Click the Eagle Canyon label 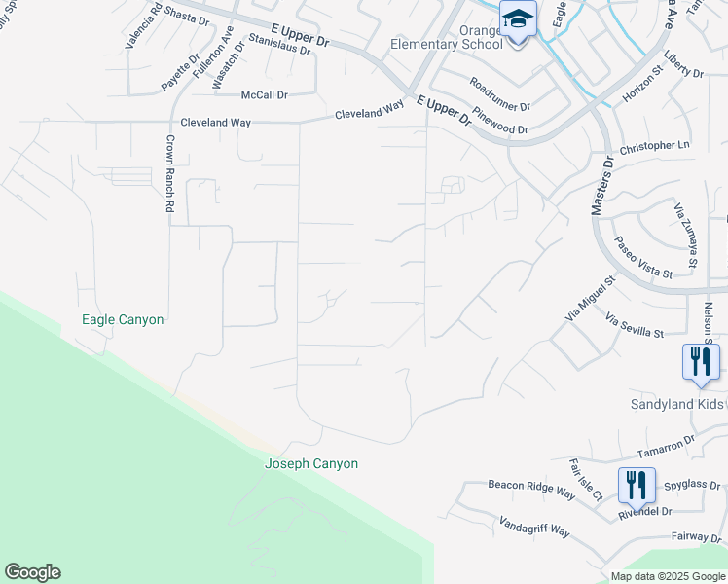click(x=123, y=319)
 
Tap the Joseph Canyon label click(x=311, y=464)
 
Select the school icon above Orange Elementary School click(x=518, y=19)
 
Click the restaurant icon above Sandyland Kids click(x=701, y=362)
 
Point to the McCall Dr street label click(x=265, y=95)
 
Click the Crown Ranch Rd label click(x=168, y=173)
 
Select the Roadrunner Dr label click(x=498, y=94)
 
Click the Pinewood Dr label click(x=500, y=121)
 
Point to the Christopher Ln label click(x=654, y=146)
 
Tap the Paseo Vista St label click(x=641, y=258)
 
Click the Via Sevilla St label click(x=634, y=325)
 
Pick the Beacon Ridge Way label click(x=531, y=489)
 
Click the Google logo click(x=32, y=572)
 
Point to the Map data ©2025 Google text click(x=669, y=576)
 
